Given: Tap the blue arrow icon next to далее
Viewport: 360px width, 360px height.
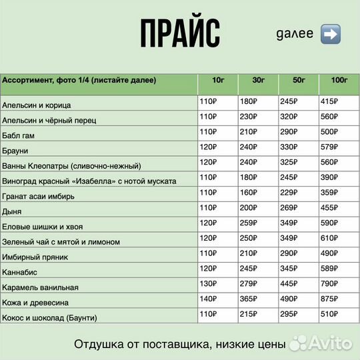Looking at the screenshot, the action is pos(330,34).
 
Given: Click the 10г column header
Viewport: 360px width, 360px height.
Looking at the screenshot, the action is pos(218,81).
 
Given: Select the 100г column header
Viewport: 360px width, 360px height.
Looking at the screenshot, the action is pos(339,81).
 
